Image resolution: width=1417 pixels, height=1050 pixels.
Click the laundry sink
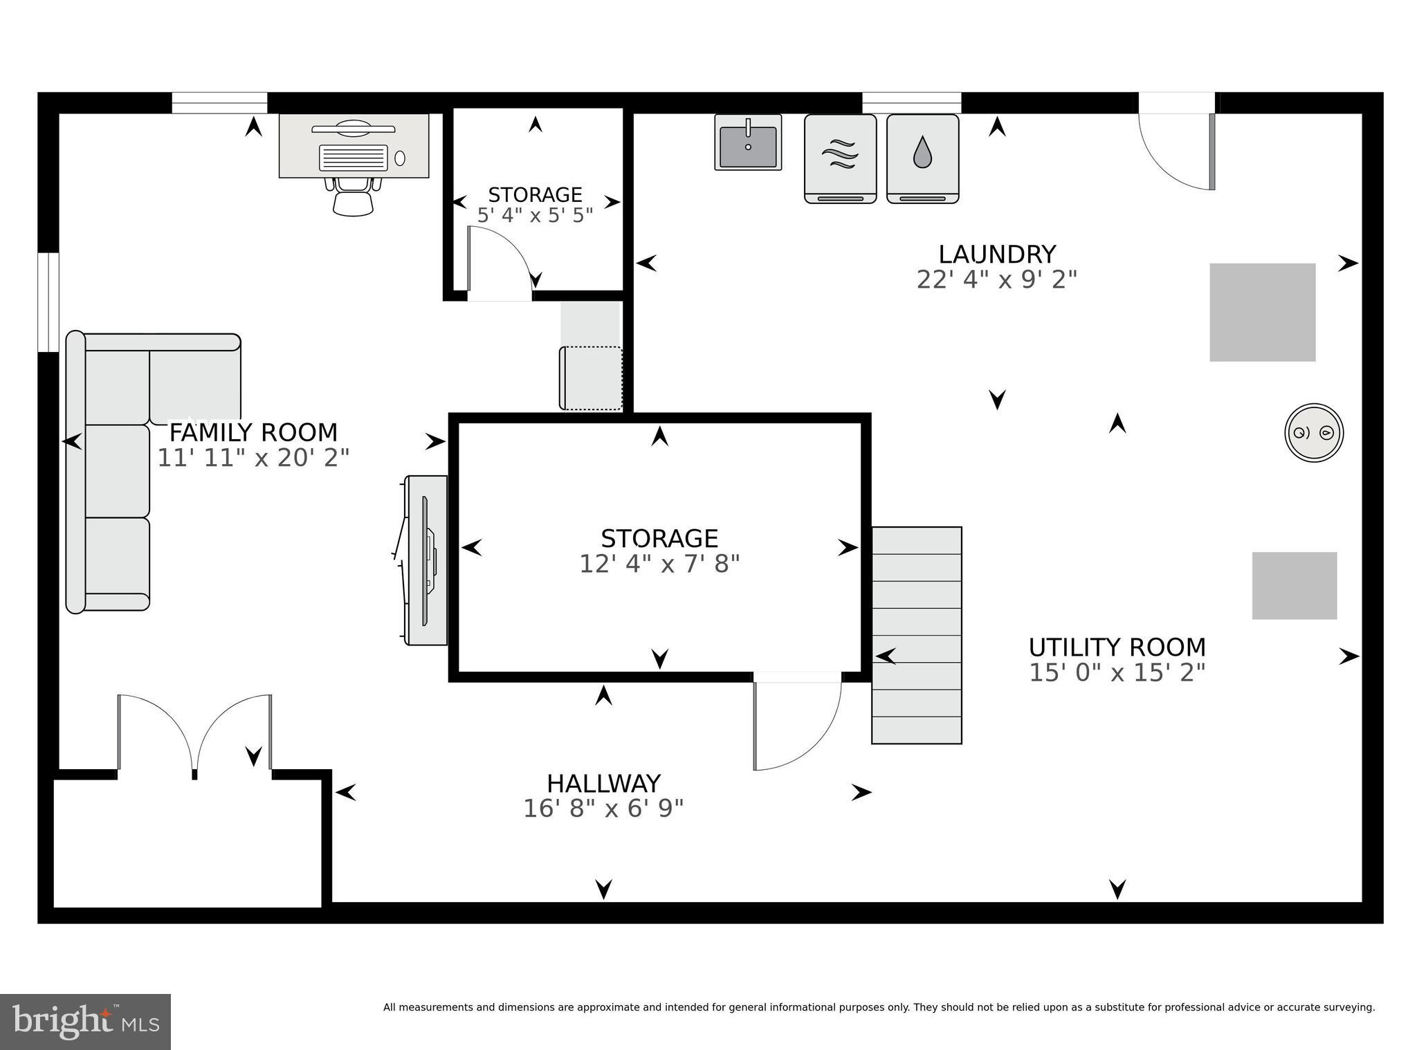click(747, 142)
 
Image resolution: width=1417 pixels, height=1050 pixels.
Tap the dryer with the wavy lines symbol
click(840, 158)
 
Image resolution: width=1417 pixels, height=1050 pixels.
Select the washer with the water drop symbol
click(922, 158)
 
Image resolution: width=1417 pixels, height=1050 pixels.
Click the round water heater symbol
click(1313, 432)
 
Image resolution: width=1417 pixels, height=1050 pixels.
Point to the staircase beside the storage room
click(916, 635)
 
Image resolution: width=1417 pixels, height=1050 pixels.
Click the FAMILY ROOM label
click(253, 433)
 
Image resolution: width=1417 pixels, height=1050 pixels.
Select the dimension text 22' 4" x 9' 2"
click(996, 280)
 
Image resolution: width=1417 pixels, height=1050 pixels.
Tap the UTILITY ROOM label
click(1117, 647)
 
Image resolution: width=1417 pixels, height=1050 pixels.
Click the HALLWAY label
click(603, 784)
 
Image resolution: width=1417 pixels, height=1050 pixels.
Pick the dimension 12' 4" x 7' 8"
click(659, 564)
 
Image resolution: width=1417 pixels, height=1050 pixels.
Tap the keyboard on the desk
click(353, 158)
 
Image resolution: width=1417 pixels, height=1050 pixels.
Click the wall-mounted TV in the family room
click(427, 560)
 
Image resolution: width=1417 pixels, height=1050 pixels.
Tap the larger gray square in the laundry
click(1261, 312)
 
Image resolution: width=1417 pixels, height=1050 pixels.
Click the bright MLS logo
click(85, 1022)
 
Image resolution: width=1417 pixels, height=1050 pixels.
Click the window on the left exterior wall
click(48, 302)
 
